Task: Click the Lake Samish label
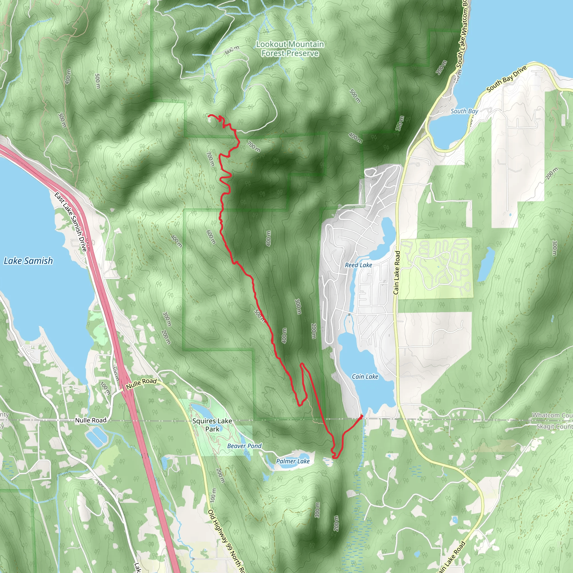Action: (x=28, y=261)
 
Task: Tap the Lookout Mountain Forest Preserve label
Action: (x=290, y=49)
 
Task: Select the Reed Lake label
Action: (x=358, y=265)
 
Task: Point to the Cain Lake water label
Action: (x=365, y=376)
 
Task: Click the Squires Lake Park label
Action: (x=212, y=425)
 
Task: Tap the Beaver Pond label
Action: (x=244, y=446)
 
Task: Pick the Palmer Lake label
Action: (x=293, y=461)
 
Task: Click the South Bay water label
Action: (x=464, y=111)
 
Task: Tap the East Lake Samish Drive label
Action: (x=71, y=222)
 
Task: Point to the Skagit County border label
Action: (x=554, y=426)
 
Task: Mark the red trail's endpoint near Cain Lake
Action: (x=361, y=416)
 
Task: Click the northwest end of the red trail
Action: (x=209, y=115)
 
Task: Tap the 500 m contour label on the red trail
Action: (x=259, y=316)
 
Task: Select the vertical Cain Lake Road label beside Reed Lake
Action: (x=396, y=273)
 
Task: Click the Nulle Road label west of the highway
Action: (x=90, y=420)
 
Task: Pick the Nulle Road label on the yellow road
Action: (x=141, y=384)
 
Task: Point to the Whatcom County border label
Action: (x=552, y=415)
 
